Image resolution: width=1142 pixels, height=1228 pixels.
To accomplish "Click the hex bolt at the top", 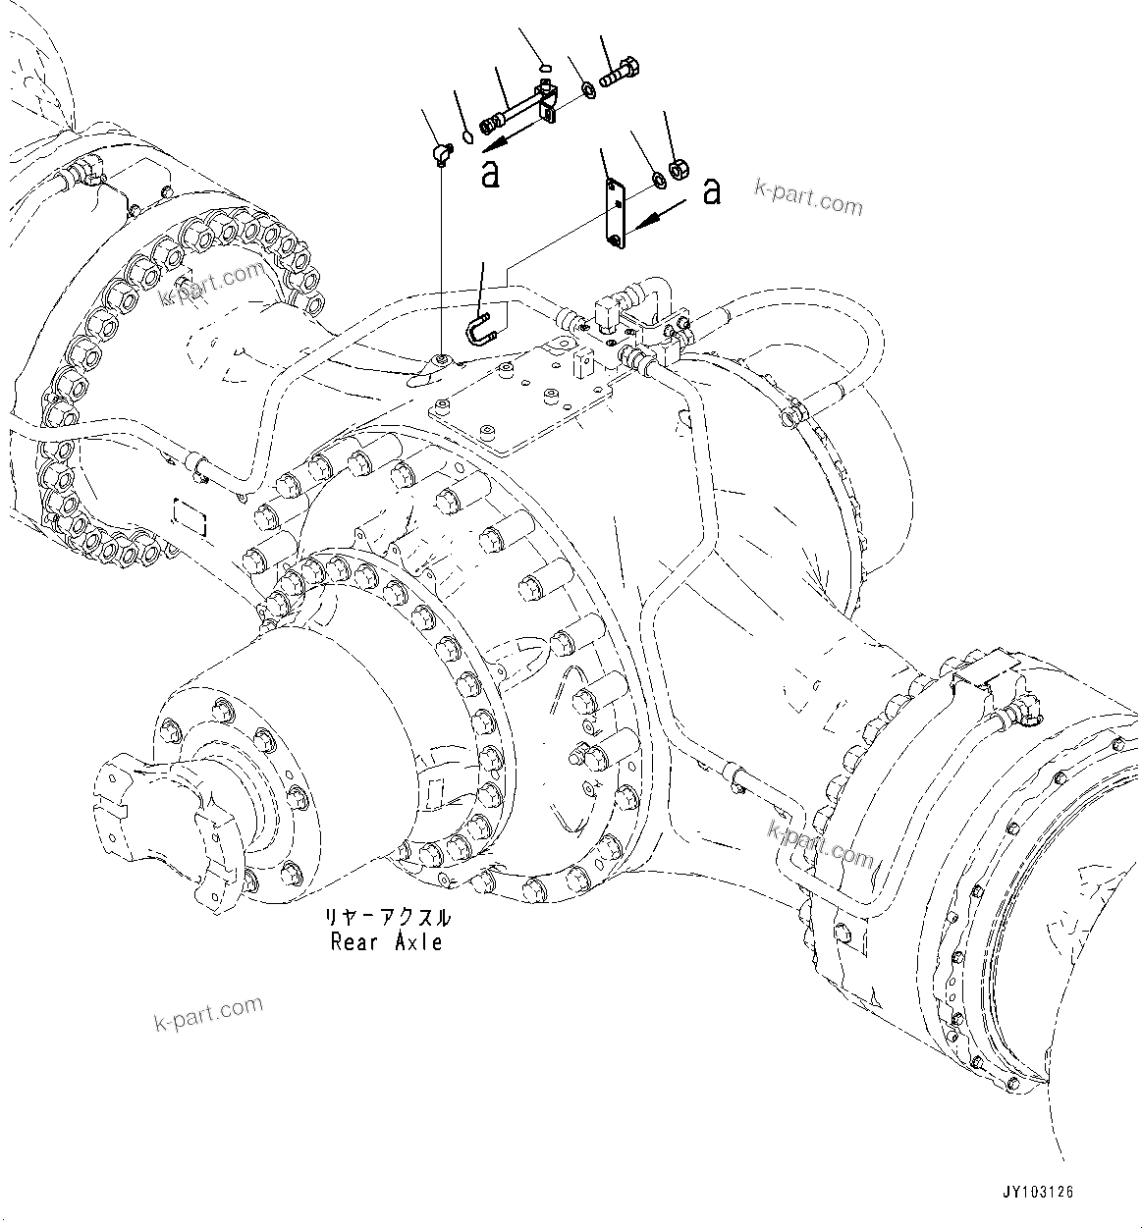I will coord(618,74).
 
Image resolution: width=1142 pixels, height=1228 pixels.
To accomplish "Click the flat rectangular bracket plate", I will coord(615,211).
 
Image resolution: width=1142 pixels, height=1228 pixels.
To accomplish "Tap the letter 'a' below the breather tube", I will coord(490,174).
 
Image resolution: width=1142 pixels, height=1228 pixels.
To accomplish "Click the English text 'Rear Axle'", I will coord(386,943).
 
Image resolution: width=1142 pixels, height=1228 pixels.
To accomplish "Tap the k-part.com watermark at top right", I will coord(809,197).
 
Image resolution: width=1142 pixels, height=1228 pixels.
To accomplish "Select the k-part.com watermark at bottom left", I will coord(208,1013).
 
